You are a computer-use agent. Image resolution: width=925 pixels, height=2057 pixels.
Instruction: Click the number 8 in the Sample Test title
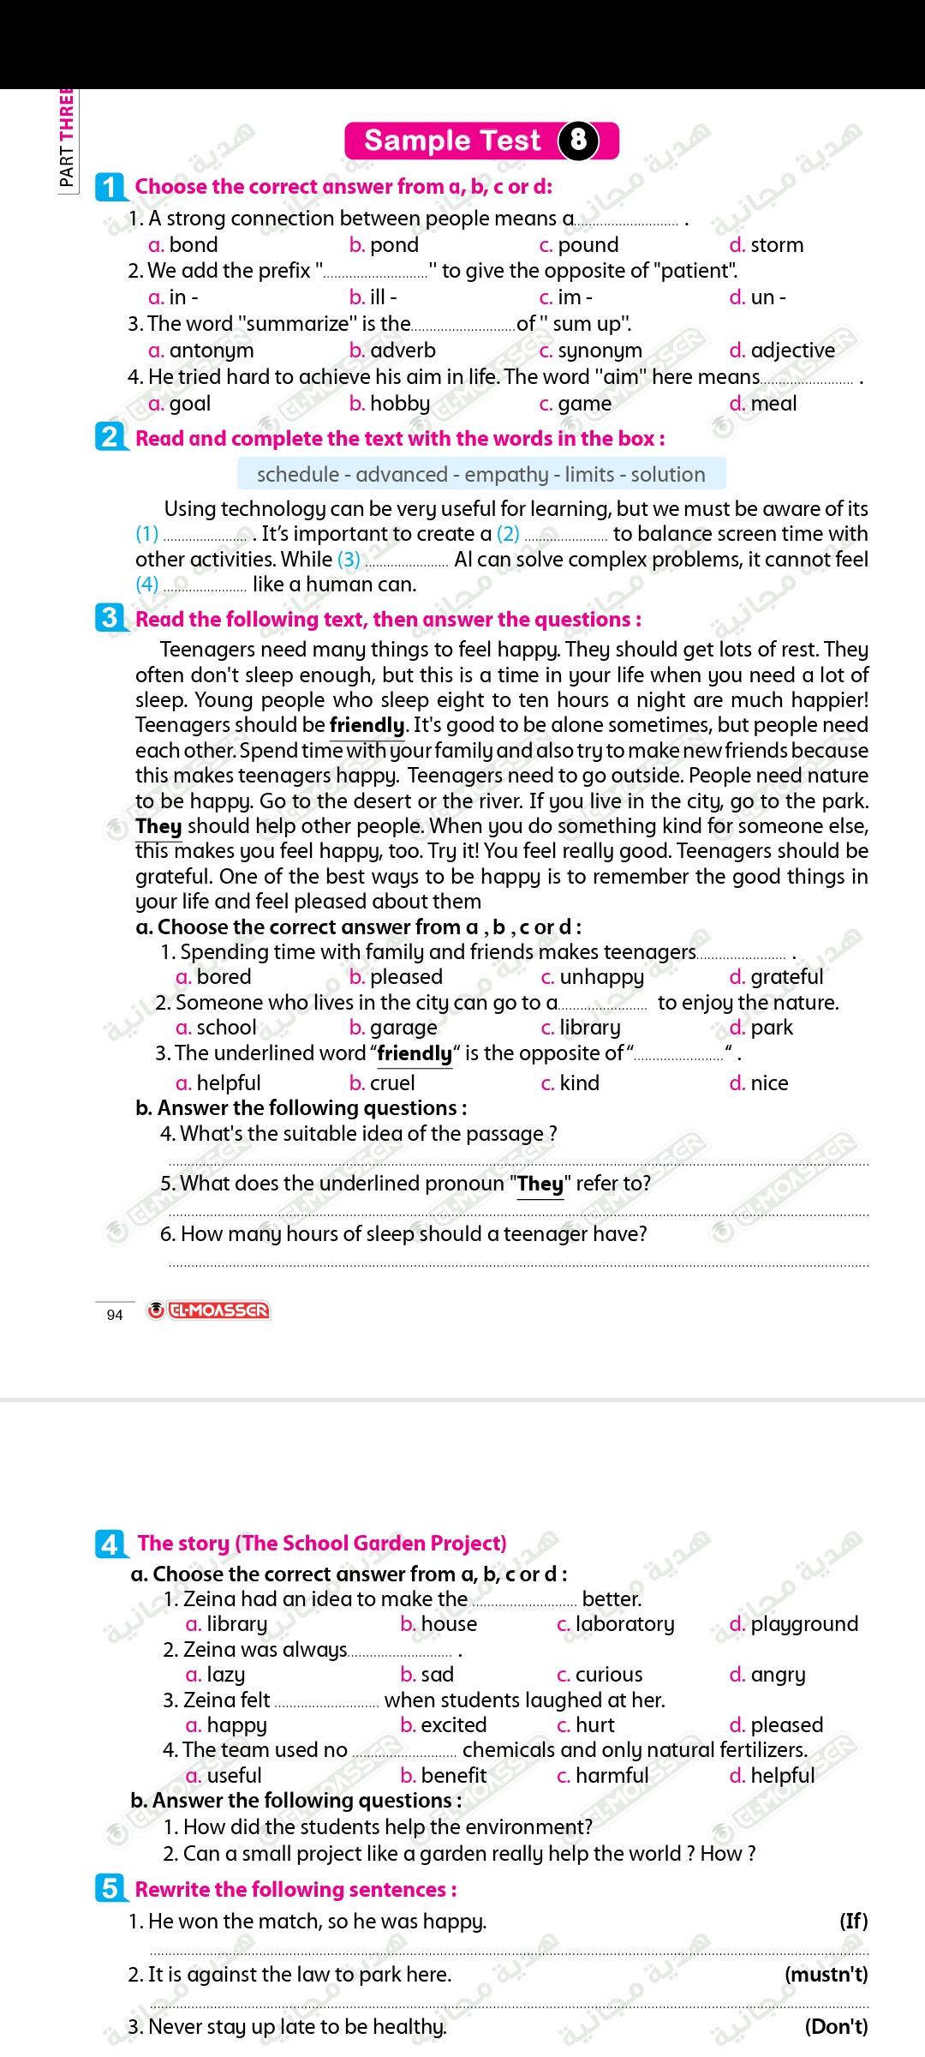[x=578, y=140]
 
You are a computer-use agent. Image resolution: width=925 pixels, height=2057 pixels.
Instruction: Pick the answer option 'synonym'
[x=600, y=351]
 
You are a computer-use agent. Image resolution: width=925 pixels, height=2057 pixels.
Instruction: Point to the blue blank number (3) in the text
[x=349, y=560]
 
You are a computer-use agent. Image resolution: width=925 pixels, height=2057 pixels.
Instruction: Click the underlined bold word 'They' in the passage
[x=159, y=827]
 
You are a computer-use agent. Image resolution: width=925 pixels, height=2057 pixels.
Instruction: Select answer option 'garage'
[x=403, y=1028]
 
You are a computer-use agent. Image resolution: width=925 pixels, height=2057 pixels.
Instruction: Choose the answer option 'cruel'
[x=391, y=1083]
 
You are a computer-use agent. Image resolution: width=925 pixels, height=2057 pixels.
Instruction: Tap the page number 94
[x=115, y=1315]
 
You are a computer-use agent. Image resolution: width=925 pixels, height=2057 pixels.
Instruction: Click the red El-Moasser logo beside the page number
[x=209, y=1310]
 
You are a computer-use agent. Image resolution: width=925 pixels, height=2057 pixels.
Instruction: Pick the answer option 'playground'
[x=803, y=1624]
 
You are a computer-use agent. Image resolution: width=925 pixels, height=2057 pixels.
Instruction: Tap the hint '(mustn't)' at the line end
[x=826, y=1975]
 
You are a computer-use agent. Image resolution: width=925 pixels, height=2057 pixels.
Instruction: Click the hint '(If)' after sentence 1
[x=853, y=1922]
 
